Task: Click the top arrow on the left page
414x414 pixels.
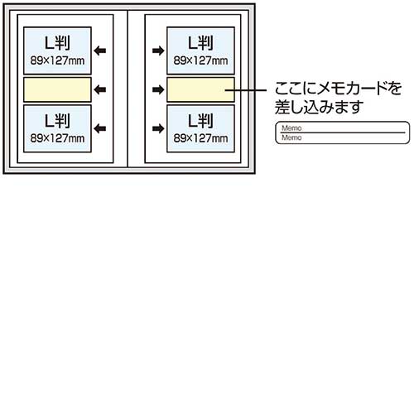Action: point(100,51)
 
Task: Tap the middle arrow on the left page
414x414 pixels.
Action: point(100,89)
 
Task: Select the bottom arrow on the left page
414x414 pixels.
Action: point(100,128)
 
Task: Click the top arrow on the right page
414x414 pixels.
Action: point(158,51)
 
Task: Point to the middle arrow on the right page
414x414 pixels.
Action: point(158,89)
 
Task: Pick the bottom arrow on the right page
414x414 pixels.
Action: point(158,128)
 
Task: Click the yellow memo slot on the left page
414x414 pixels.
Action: point(57,89)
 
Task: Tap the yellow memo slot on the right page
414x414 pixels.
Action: point(200,89)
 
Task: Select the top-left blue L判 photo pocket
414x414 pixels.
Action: point(57,51)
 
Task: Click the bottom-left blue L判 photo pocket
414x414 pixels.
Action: point(57,128)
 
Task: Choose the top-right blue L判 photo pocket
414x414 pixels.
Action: point(200,51)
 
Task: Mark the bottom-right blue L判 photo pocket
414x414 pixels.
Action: point(200,128)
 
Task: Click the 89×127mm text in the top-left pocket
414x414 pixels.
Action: point(57,60)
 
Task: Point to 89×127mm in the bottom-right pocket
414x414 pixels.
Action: point(200,138)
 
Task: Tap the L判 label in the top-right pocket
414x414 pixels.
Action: point(200,43)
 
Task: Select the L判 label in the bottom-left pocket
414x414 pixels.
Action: point(57,121)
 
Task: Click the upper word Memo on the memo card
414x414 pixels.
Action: point(291,128)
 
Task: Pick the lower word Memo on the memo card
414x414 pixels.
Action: point(291,137)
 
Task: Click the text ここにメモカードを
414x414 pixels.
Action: point(338,89)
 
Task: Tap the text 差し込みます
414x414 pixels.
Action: point(319,107)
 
